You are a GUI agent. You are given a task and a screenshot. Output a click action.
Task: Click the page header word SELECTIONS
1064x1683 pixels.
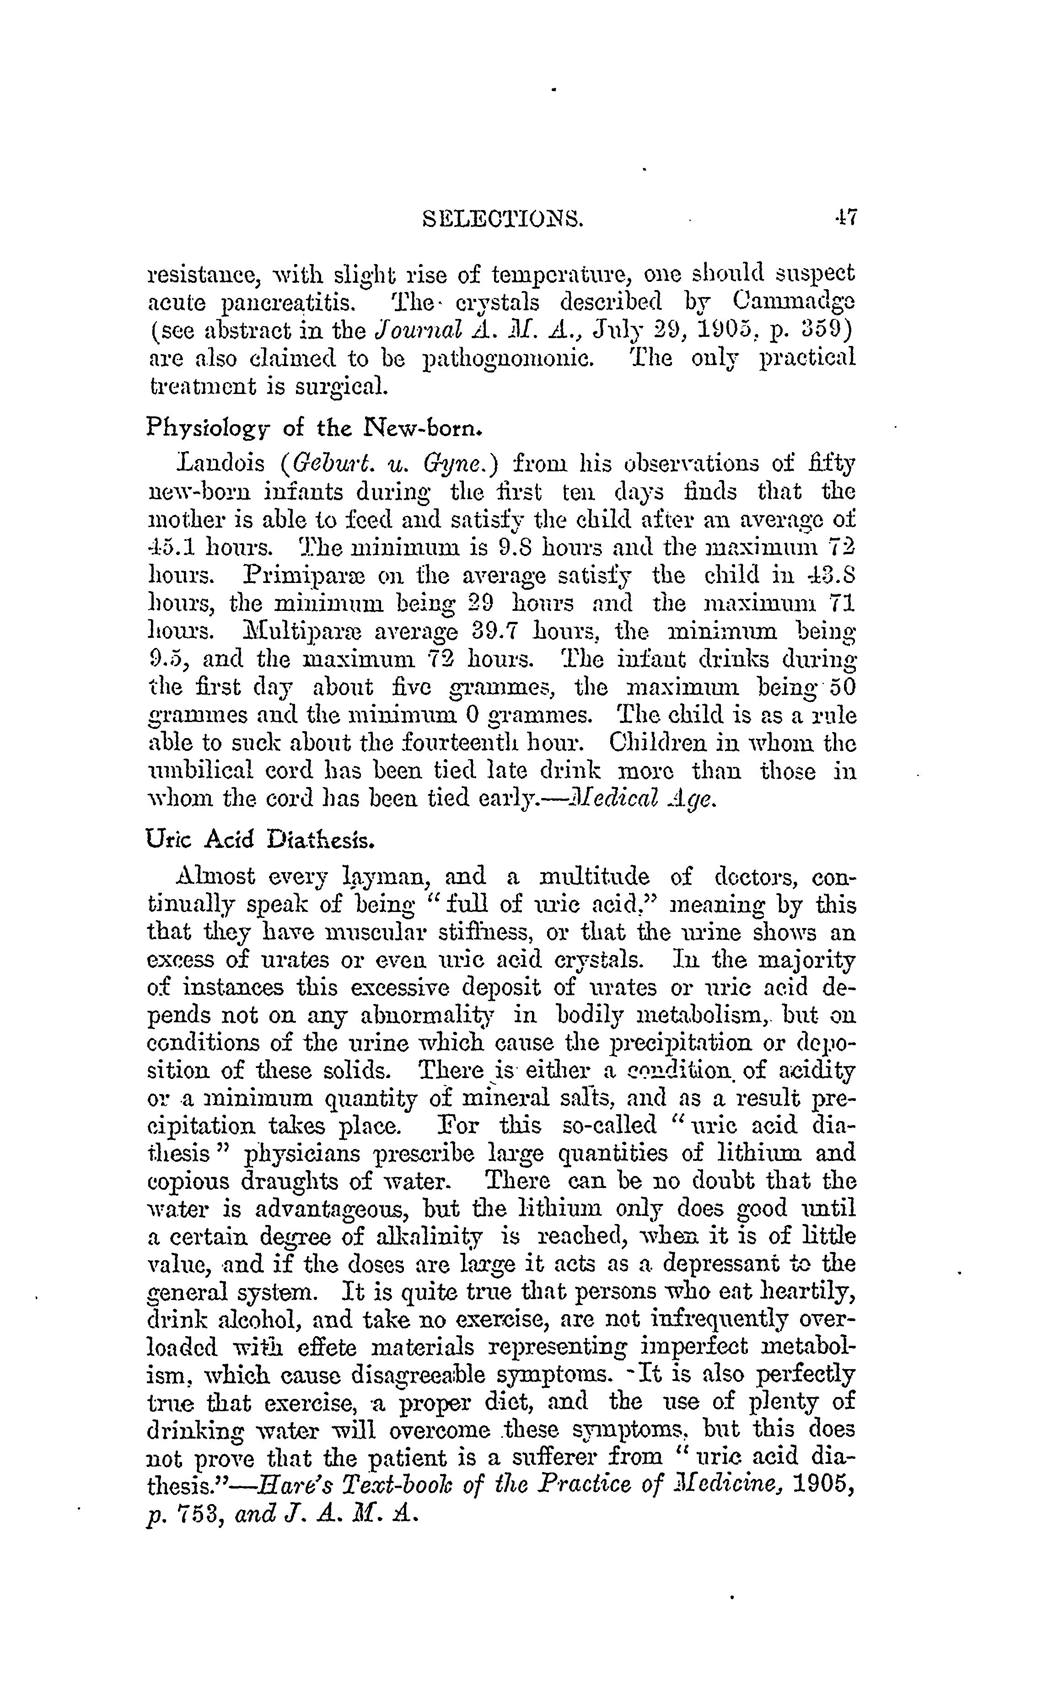504,221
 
